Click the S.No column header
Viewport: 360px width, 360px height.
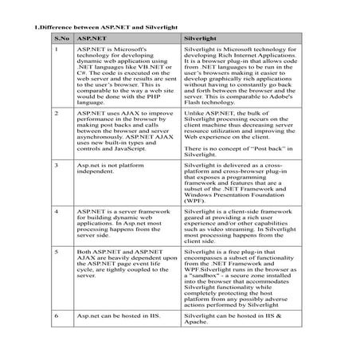click(58, 37)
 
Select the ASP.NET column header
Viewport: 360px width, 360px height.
click(90, 37)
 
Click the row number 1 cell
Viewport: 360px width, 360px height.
click(57, 50)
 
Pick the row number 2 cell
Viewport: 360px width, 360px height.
click(57, 114)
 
